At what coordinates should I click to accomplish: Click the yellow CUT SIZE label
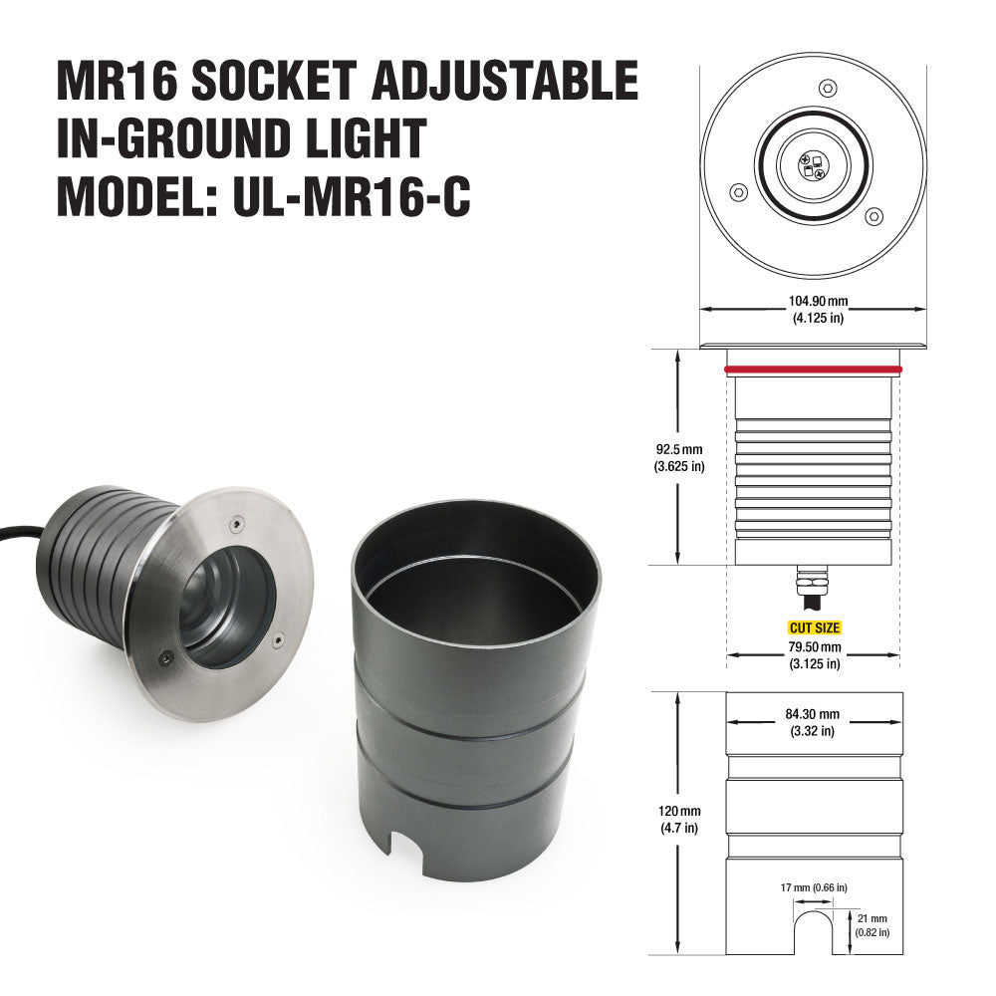(x=814, y=628)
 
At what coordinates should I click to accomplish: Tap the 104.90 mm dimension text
(x=813, y=300)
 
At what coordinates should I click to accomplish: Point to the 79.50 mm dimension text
(x=814, y=646)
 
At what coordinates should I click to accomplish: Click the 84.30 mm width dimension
(x=814, y=714)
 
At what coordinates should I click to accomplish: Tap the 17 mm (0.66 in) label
(x=814, y=887)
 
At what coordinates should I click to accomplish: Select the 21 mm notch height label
(x=871, y=924)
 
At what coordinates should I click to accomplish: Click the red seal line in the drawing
(x=813, y=370)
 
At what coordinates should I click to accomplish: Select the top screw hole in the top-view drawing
(x=826, y=88)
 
